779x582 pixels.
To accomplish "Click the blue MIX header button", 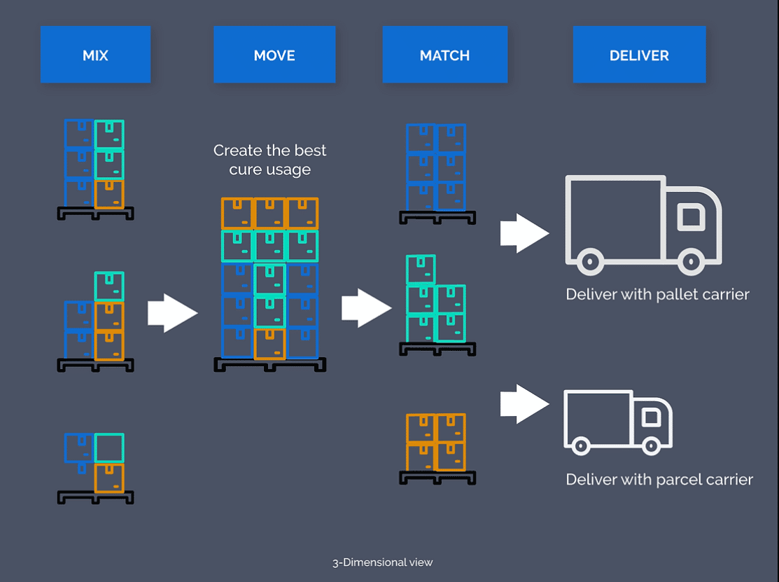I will pyautogui.click(x=95, y=55).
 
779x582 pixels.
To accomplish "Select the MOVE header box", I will pyautogui.click(x=274, y=55).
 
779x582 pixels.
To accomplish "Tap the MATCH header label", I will pyautogui.click(x=444, y=55).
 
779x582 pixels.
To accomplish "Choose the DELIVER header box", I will pyautogui.click(x=639, y=55).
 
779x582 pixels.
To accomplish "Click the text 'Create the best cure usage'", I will pyautogui.click(x=269, y=160).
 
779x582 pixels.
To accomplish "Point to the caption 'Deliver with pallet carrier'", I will pyautogui.click(x=657, y=294).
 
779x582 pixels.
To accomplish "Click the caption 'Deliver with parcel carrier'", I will pyautogui.click(x=659, y=480).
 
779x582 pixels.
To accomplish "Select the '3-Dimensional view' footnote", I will pyautogui.click(x=382, y=562).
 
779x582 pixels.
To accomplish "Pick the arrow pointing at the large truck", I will pyautogui.click(x=524, y=233).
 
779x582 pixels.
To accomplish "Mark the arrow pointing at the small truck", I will pyautogui.click(x=524, y=404).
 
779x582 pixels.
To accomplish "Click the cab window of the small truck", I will pyautogui.click(x=651, y=417).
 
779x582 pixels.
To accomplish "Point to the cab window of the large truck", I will pyautogui.click(x=691, y=218).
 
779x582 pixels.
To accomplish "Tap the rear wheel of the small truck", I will pyautogui.click(x=579, y=444).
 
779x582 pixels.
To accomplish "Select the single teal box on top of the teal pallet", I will pyautogui.click(x=421, y=269).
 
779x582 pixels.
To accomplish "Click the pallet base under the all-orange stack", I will pyautogui.click(x=437, y=478).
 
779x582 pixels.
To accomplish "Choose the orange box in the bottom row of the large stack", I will pyautogui.click(x=269, y=344).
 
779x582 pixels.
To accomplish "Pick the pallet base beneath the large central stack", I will pyautogui.click(x=269, y=364).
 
